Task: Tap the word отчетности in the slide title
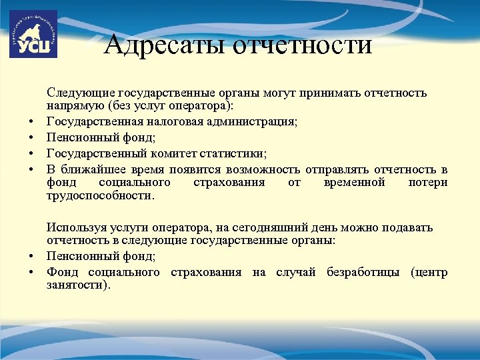click(301, 45)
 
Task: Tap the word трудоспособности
click(100, 196)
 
